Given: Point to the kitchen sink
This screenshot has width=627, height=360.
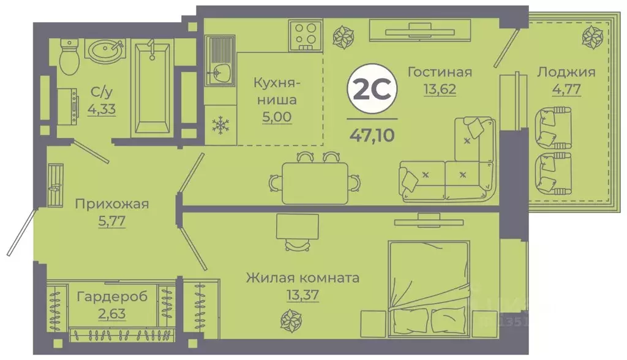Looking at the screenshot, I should point(218,72).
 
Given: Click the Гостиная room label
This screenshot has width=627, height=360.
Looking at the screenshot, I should point(440,72).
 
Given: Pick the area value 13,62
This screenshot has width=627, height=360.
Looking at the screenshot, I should point(440,89).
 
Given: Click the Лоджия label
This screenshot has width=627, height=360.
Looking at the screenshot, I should point(566,72).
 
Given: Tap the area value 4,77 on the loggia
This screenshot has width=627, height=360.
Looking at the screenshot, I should point(566,89).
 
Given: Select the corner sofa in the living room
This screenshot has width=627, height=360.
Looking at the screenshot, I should point(453,171).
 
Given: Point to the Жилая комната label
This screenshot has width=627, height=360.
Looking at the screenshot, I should point(302,278).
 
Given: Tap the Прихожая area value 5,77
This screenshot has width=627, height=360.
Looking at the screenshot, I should point(111,221).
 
